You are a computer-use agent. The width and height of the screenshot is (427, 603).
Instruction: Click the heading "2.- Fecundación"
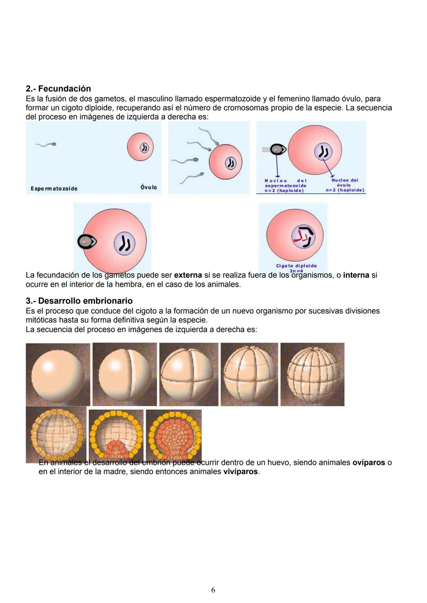[x=58, y=89]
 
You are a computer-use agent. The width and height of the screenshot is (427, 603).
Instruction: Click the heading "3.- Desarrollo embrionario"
[x=79, y=301]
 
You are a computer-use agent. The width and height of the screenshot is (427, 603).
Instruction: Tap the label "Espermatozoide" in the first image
[x=54, y=189]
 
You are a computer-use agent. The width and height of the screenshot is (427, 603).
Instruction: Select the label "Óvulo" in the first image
[x=149, y=187]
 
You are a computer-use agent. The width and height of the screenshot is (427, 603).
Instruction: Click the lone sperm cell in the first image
[x=46, y=145]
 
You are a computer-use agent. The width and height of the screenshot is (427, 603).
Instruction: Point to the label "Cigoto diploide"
[x=296, y=266]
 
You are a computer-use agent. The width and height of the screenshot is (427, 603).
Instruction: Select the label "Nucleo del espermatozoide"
[x=285, y=185]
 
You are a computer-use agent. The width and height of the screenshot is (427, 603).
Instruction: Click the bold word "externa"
[x=188, y=275]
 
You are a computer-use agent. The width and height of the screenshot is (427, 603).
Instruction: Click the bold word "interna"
[x=356, y=275]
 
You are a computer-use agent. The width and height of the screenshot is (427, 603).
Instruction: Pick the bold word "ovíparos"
[x=368, y=463]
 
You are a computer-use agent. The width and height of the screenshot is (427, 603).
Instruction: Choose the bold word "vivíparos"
[x=240, y=472]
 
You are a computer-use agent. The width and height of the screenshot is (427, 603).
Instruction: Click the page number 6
[x=213, y=590]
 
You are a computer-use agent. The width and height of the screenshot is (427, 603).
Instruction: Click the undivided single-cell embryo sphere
[x=58, y=374]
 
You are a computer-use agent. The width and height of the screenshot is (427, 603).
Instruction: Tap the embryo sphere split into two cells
[x=125, y=374]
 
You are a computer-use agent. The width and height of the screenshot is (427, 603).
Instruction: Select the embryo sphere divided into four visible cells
[x=189, y=374]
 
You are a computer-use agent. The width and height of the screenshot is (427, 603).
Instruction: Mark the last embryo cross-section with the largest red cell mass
[x=174, y=435]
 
